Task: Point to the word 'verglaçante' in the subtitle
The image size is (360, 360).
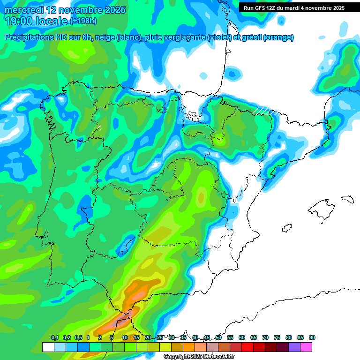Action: point(184,37)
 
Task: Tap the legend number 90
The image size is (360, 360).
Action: point(312,337)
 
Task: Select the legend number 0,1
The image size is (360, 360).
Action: point(54,337)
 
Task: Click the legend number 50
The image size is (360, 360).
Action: point(218,337)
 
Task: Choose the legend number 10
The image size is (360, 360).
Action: point(125,337)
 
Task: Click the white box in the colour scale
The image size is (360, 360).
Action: point(48,347)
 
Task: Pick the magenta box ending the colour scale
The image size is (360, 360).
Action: point(306,347)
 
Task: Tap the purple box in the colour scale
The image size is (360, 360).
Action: point(294,347)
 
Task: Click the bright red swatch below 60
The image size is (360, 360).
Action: point(247,347)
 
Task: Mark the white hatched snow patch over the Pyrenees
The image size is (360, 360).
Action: point(264,111)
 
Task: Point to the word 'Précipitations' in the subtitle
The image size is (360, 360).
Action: point(28,37)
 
